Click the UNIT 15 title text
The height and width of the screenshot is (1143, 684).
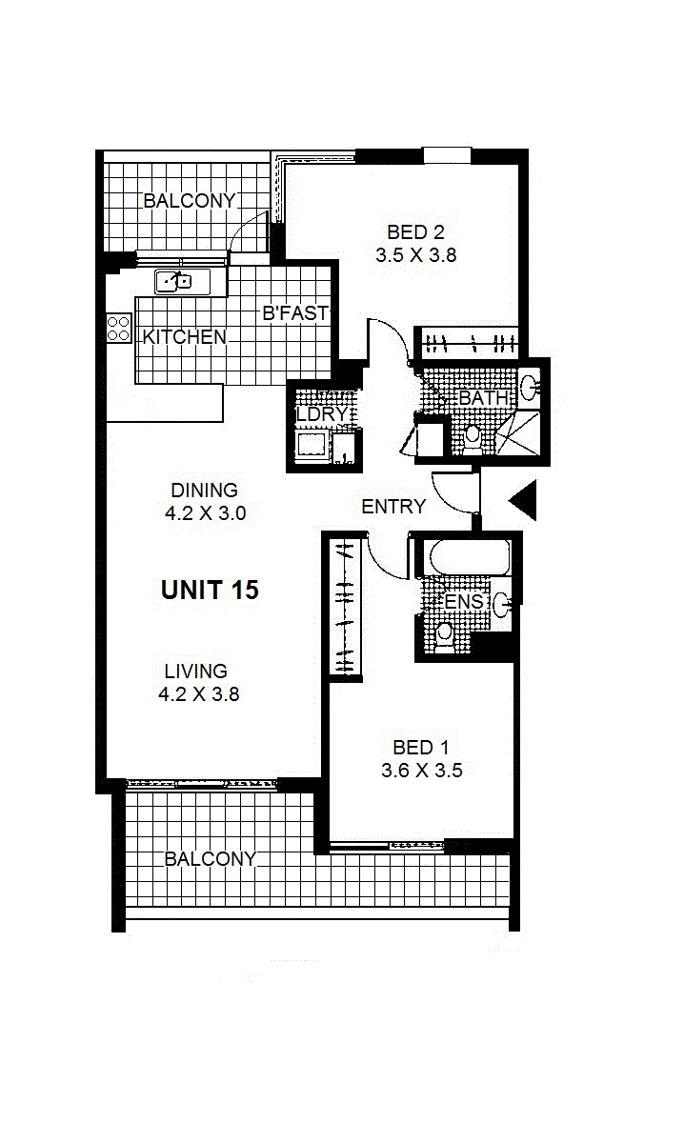(x=210, y=590)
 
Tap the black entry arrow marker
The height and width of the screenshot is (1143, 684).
(x=524, y=500)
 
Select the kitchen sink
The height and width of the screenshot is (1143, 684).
(x=174, y=281)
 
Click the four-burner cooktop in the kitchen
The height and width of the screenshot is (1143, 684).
(x=118, y=328)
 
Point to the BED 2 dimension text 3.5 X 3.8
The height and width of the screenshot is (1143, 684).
(x=416, y=255)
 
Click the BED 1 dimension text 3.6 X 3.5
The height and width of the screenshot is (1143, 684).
(x=422, y=771)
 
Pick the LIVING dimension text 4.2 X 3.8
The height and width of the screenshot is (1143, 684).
(x=198, y=694)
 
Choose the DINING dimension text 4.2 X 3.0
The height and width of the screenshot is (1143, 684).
(x=205, y=513)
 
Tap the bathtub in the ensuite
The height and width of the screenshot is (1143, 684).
(x=470, y=558)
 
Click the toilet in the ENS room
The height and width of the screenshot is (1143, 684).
(x=444, y=637)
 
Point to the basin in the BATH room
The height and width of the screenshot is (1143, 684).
(x=530, y=389)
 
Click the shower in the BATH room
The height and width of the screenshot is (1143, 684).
(x=518, y=432)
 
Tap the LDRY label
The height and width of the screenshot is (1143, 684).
(x=322, y=414)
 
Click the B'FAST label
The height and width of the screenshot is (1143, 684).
(x=295, y=312)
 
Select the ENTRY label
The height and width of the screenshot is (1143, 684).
(x=393, y=507)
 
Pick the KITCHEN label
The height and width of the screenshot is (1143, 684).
(x=184, y=337)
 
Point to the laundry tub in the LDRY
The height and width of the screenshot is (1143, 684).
(x=312, y=445)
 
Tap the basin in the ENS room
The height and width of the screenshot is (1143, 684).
(x=501, y=604)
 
